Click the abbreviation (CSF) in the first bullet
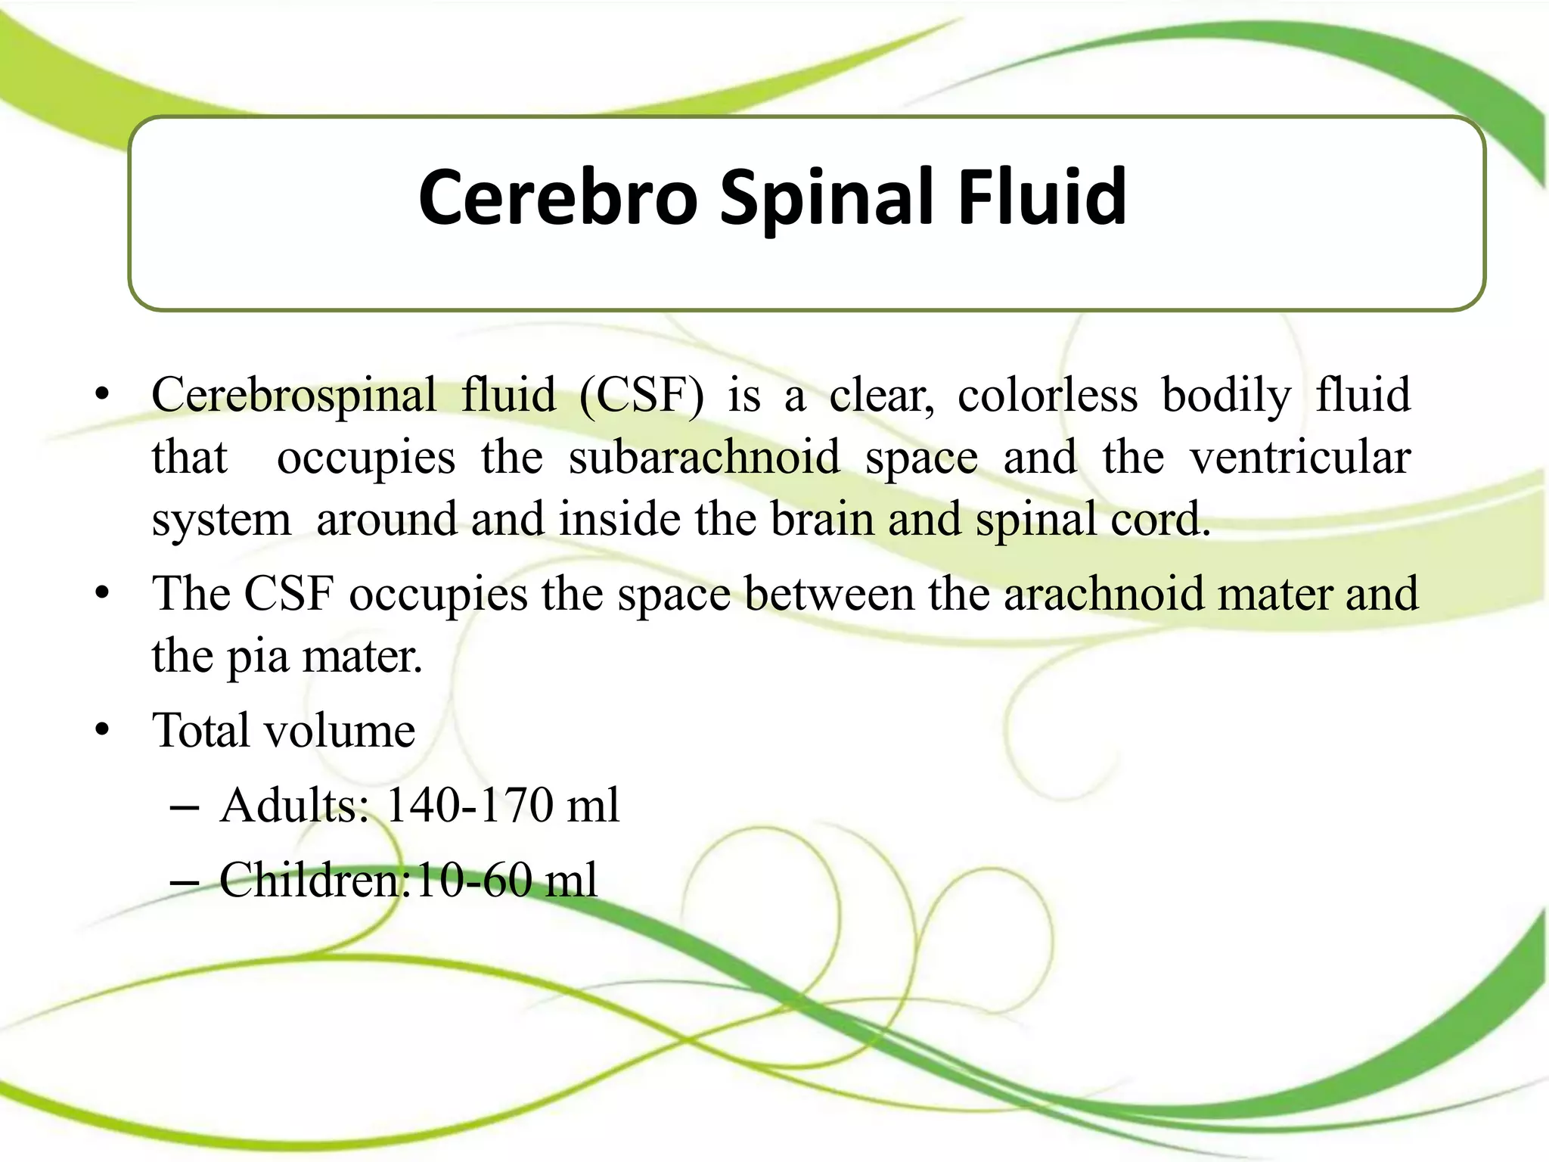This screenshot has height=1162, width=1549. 641,395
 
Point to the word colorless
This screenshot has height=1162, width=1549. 1048,395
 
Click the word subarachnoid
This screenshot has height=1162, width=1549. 704,458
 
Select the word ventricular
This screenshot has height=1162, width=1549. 1300,458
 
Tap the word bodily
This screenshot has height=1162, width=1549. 1227,395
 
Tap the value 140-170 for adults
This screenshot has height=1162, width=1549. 470,805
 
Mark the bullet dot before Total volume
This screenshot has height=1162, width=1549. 103,732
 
